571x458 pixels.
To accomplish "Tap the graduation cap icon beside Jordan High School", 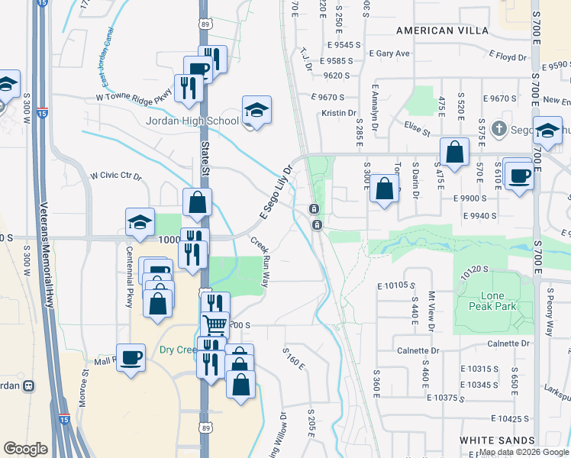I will point(256,111).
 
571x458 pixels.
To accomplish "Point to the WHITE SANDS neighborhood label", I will point(497,441).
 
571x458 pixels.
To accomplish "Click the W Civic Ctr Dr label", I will point(116,176).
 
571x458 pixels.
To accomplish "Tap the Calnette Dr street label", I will point(418,351).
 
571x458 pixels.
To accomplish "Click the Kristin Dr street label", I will point(340,113).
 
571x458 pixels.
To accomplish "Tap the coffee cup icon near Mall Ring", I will point(131,356).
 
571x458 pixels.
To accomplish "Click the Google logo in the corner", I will point(25,449).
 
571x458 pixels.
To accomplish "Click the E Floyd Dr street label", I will point(501,57).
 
